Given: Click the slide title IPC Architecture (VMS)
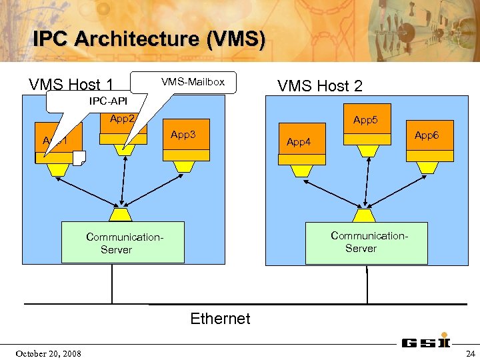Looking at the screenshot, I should [149, 39].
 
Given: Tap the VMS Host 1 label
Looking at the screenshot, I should [71, 85].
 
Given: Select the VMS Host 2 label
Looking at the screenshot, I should [320, 85].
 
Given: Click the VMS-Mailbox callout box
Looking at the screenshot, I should [193, 82].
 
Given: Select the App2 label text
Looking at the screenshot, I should [123, 119].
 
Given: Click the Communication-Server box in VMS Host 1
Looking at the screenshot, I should [123, 243].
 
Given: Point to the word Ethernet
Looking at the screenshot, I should [220, 319].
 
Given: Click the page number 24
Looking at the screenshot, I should [470, 353].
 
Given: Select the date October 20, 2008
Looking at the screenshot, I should [49, 353].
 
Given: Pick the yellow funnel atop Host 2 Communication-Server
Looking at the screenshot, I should [365, 215].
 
